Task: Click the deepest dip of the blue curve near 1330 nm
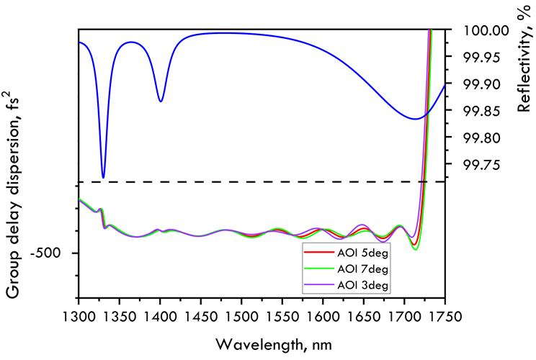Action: (x=103, y=177)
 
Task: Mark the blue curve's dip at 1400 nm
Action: (x=160, y=101)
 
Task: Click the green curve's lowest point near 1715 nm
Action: (x=416, y=250)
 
